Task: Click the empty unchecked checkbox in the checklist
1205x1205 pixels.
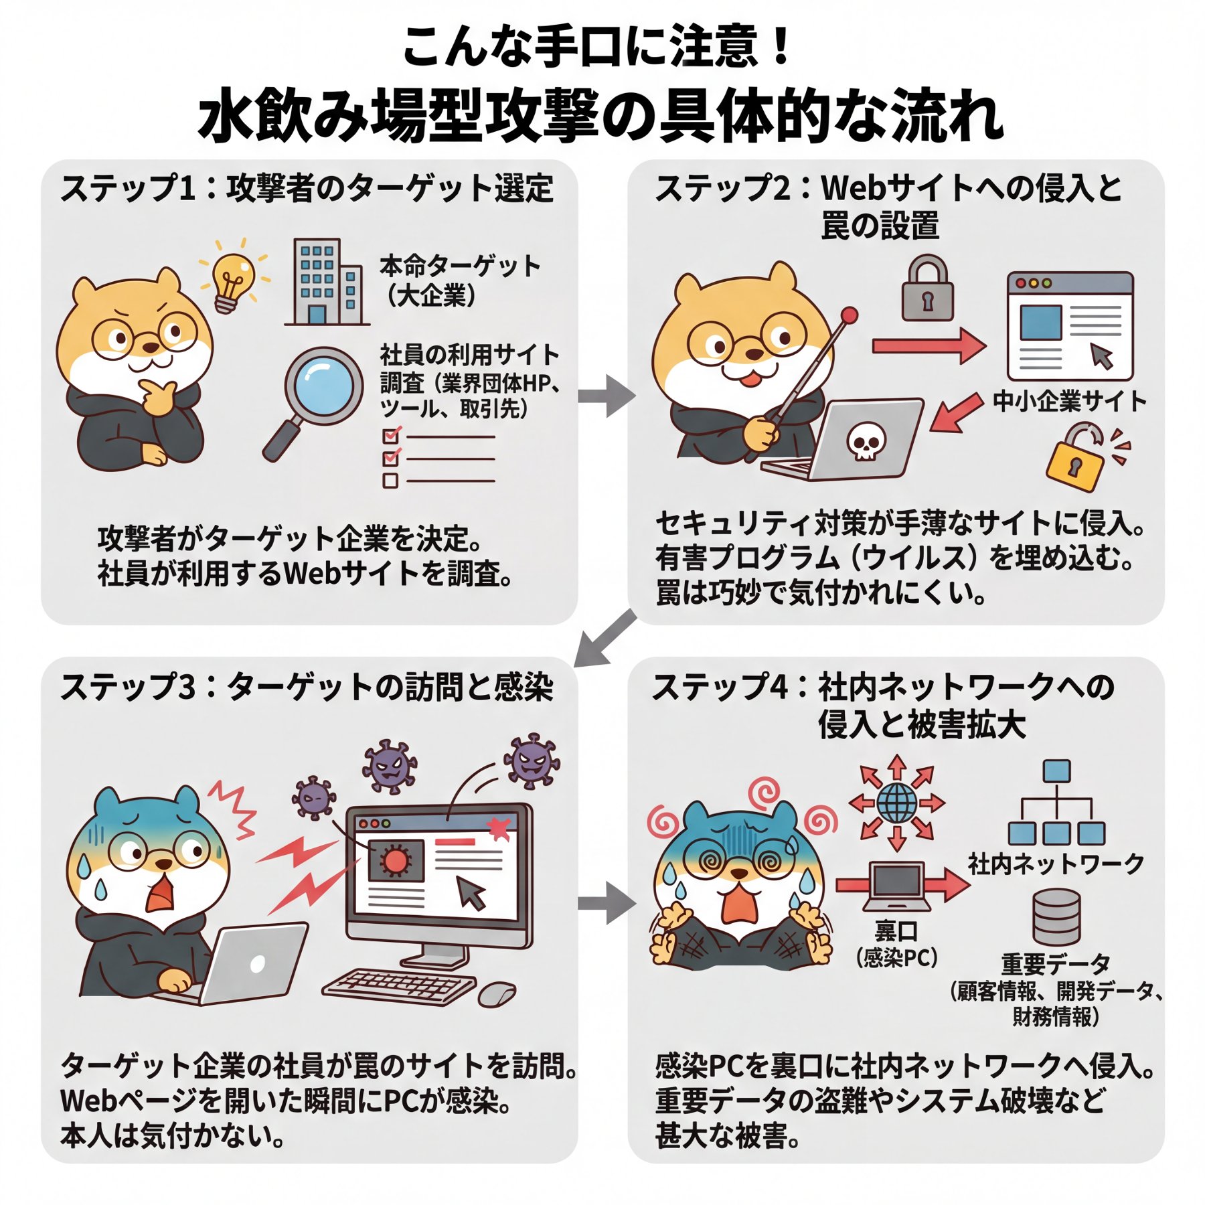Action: pyautogui.click(x=390, y=480)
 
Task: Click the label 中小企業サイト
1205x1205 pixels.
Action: pyautogui.click(x=1070, y=402)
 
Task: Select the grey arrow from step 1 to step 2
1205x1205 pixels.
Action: pyautogui.click(x=607, y=396)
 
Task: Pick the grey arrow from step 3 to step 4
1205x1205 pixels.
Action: pyautogui.click(x=607, y=903)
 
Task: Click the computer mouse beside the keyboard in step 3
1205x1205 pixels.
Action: pyautogui.click(x=497, y=993)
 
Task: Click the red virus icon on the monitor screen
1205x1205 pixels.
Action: pyautogui.click(x=396, y=861)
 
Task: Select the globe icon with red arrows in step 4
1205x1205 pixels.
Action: pyautogui.click(x=897, y=803)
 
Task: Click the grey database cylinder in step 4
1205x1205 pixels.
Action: pyautogui.click(x=1056, y=916)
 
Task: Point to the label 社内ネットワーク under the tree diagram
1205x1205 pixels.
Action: pyautogui.click(x=1056, y=864)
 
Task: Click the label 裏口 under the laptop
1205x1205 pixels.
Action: pyautogui.click(x=896, y=931)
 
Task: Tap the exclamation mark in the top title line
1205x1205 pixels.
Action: pyautogui.click(x=781, y=47)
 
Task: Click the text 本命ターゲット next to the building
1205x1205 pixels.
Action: pyautogui.click(x=460, y=266)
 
